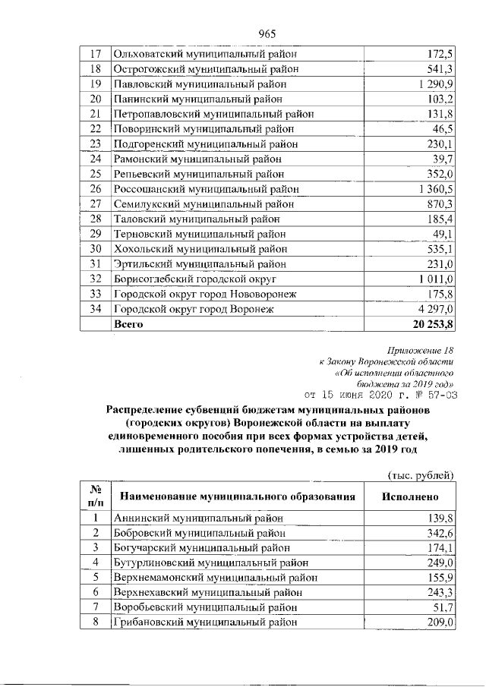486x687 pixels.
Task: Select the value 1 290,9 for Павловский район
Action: tap(435, 84)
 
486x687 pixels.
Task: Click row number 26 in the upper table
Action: tap(96, 188)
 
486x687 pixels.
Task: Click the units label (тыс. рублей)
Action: tap(421, 475)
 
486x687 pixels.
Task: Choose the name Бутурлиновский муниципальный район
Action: tap(211, 563)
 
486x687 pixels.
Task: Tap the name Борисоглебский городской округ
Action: tap(198, 279)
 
